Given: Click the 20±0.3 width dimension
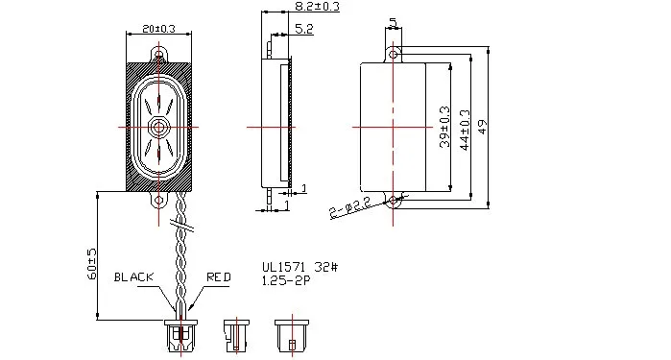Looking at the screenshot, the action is (158, 29).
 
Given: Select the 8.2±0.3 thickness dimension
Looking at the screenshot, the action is (317, 6).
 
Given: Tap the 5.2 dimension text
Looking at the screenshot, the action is (304, 29).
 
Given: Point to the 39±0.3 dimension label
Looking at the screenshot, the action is (445, 127).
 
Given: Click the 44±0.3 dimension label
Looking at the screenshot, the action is (465, 131).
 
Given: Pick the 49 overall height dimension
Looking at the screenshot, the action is (482, 127).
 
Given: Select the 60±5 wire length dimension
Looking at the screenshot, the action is (92, 264).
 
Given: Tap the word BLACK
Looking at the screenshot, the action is (133, 276).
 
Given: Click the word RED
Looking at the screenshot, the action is (219, 276).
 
